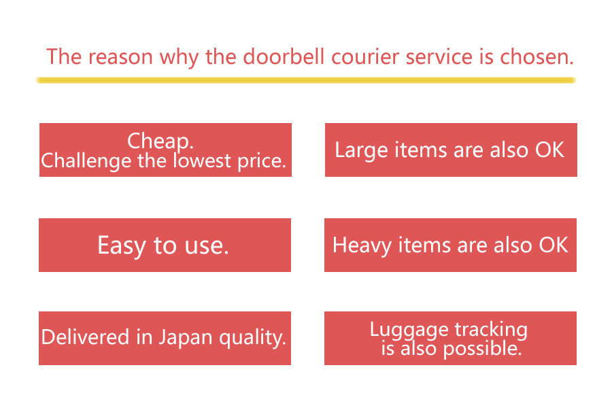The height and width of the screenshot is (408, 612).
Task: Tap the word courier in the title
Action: (x=365, y=57)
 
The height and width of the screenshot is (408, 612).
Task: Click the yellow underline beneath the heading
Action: (x=306, y=80)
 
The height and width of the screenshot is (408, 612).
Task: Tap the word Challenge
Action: (x=86, y=161)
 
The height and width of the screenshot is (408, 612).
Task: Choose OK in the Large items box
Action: (x=549, y=150)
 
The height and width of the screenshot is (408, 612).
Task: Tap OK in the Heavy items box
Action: (x=554, y=245)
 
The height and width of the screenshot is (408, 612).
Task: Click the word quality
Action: (x=252, y=338)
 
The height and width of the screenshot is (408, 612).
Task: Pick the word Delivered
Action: (x=85, y=337)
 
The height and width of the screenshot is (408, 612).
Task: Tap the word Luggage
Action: (x=409, y=330)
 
